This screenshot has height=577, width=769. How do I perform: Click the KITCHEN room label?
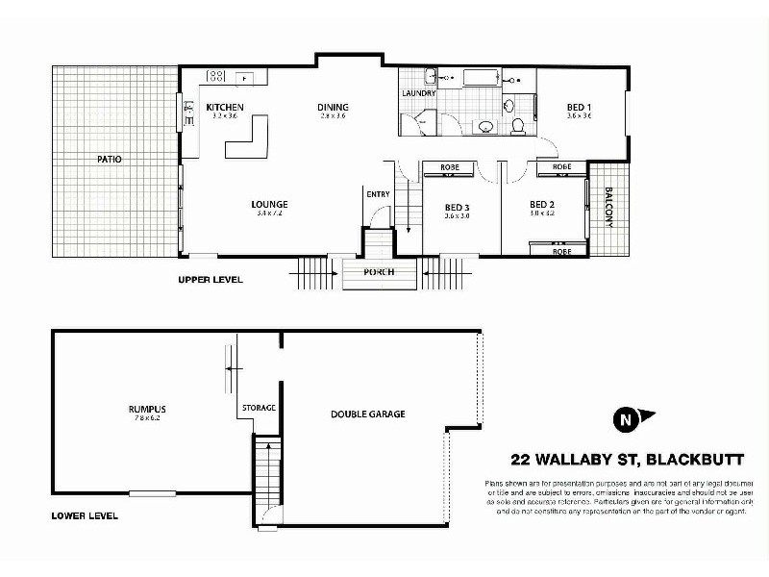pyautogui.click(x=224, y=107)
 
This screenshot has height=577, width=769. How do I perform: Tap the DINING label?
pyautogui.click(x=333, y=107)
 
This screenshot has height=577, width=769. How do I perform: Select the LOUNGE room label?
pyautogui.click(x=270, y=204)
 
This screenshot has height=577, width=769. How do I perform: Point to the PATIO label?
pyautogui.click(x=109, y=159)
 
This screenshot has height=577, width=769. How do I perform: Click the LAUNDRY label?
pyautogui.click(x=419, y=93)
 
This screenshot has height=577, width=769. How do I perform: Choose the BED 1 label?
pyautogui.click(x=579, y=107)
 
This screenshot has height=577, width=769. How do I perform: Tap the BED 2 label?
pyautogui.click(x=543, y=205)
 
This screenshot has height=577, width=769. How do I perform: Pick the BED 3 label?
pyautogui.click(x=457, y=207)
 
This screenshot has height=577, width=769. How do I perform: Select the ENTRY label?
pyautogui.click(x=378, y=194)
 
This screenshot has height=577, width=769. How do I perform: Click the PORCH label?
pyautogui.click(x=380, y=272)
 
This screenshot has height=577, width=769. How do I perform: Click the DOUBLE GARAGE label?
pyautogui.click(x=368, y=414)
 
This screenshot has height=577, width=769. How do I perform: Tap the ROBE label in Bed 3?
pyautogui.click(x=449, y=167)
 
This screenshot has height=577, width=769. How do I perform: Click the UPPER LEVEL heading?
pyautogui.click(x=211, y=280)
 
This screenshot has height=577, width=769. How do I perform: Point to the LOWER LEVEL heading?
pyautogui.click(x=85, y=516)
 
